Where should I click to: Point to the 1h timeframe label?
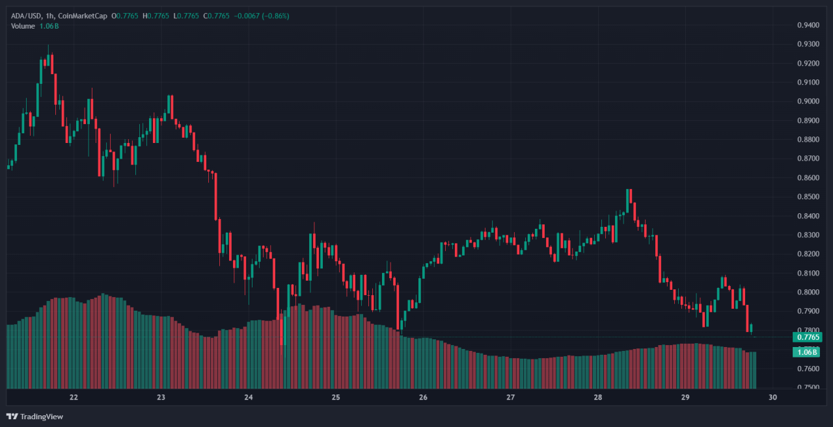pyautogui.click(x=49, y=16)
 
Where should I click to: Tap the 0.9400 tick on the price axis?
pyautogui.click(x=808, y=25)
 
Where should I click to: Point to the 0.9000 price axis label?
pyautogui.click(x=808, y=101)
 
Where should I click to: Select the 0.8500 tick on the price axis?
pyautogui.click(x=808, y=197)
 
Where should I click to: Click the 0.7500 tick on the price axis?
pyautogui.click(x=808, y=387)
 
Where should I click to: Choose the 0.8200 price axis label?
pyautogui.click(x=808, y=254)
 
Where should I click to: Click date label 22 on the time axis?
pyautogui.click(x=74, y=397)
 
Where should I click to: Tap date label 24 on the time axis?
pyautogui.click(x=249, y=397)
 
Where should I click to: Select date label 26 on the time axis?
pyautogui.click(x=423, y=397)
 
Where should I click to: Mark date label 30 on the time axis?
pyautogui.click(x=772, y=397)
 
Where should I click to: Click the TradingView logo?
pyautogui.click(x=35, y=416)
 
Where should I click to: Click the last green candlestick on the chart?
pyautogui.click(x=752, y=329)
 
